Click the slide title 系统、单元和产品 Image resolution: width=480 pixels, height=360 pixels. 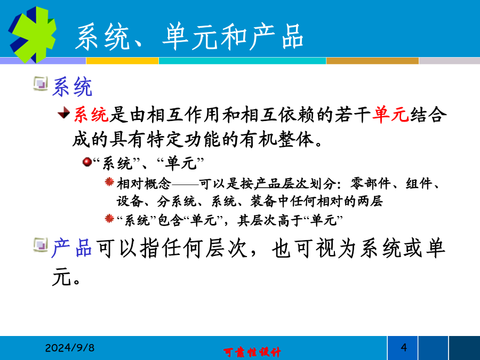(189, 37)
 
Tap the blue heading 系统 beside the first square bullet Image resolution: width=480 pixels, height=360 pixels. (72, 87)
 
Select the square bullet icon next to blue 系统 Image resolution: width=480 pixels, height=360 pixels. (41, 84)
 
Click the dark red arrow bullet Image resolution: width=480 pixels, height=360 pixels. (64, 113)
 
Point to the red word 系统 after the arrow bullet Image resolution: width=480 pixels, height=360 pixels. (91, 115)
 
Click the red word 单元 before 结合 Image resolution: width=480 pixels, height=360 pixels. (390, 115)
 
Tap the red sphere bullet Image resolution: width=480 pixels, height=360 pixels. (87, 161)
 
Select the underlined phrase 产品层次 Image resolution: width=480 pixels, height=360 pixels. (281, 183)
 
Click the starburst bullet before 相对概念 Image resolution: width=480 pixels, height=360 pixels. (109, 182)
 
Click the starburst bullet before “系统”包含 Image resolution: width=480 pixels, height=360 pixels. (109, 219)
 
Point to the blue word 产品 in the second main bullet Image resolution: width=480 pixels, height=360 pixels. (72, 247)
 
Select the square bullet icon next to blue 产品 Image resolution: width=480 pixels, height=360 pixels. (41, 245)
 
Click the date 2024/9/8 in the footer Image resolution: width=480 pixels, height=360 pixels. (70, 348)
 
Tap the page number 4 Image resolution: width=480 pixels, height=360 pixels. (404, 347)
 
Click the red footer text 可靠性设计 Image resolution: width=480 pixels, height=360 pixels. (252, 352)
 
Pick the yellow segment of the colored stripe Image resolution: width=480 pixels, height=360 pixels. (123, 61)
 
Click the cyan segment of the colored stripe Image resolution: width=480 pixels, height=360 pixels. (243, 61)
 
